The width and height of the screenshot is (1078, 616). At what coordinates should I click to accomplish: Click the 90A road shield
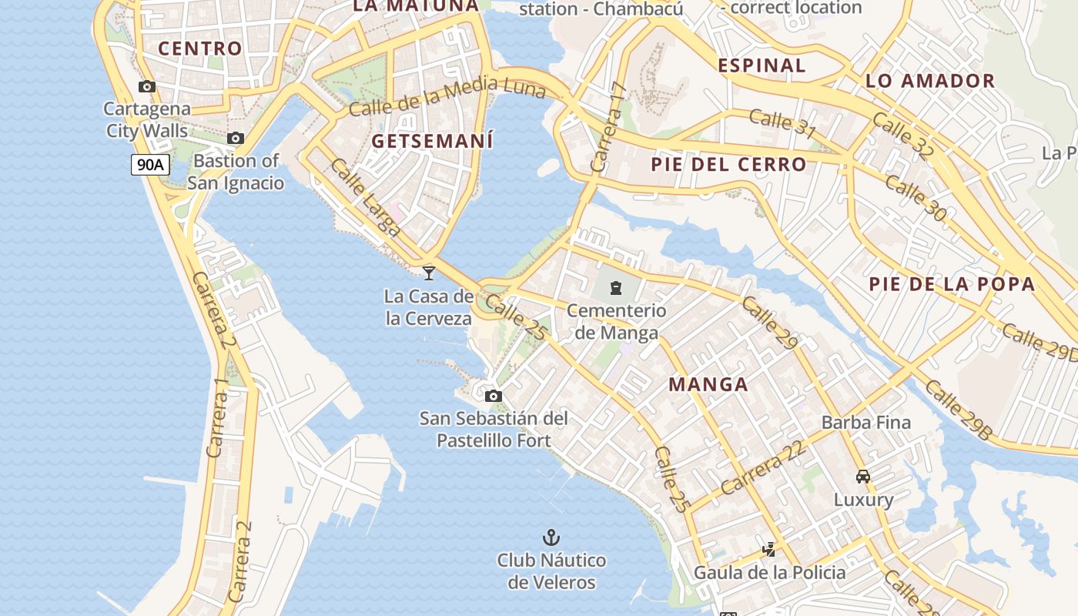150,164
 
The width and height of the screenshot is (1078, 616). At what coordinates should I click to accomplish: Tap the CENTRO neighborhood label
200,48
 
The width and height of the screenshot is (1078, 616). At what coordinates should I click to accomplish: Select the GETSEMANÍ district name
432,141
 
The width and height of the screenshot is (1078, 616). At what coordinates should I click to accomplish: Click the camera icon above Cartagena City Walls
147,87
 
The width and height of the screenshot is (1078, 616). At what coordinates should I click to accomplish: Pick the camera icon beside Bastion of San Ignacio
236,139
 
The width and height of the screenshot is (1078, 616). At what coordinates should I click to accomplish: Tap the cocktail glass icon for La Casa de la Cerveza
429,273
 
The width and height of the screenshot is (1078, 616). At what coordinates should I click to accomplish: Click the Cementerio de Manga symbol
616,288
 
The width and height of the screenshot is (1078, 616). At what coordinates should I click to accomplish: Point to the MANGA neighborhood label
708,384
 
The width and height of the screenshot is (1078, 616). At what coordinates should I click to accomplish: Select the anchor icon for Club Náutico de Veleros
551,537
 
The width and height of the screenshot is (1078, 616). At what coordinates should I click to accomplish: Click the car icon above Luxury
863,477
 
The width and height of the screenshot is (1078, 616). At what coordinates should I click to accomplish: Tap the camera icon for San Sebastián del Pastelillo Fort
494,397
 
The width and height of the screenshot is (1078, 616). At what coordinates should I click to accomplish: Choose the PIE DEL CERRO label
728,164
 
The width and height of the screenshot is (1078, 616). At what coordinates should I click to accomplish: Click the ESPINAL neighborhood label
762,65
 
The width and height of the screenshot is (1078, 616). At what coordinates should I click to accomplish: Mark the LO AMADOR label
930,81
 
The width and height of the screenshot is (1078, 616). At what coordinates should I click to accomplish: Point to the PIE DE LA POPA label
952,284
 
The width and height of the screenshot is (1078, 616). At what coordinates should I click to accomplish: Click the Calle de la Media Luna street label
447,97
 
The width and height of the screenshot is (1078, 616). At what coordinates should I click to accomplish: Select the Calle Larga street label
366,197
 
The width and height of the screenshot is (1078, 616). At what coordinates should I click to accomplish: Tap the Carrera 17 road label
608,127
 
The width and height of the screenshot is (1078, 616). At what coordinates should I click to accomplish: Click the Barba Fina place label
866,422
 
